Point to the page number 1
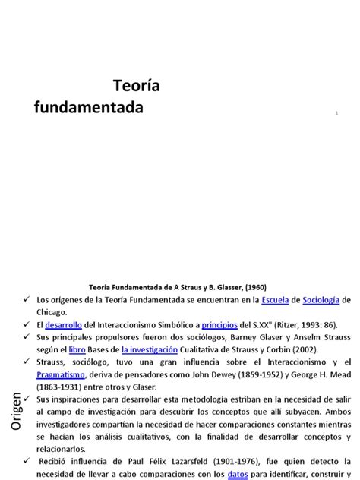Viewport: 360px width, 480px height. [336, 113]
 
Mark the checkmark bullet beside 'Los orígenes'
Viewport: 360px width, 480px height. [24, 301]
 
